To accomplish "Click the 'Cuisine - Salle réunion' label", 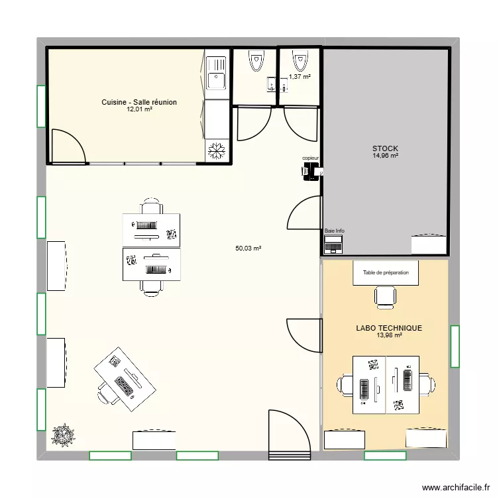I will coord(139,102).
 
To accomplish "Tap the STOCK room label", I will coord(385,148).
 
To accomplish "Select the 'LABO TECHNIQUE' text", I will coord(388,328).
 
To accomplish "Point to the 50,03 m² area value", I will coord(248,248).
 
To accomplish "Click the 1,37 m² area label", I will coord(300,77).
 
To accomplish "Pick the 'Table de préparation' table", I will coord(386,273).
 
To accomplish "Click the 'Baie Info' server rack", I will coord(333,244).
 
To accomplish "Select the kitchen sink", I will coord(216,73).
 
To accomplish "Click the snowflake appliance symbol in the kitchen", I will coord(216,152).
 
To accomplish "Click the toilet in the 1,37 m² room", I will coord(300,61).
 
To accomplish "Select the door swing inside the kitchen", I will coord(69,146).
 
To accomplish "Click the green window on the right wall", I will coord(455,346).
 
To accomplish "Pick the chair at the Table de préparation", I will coord(385,296).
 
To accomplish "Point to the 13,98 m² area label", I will coord(388,335).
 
